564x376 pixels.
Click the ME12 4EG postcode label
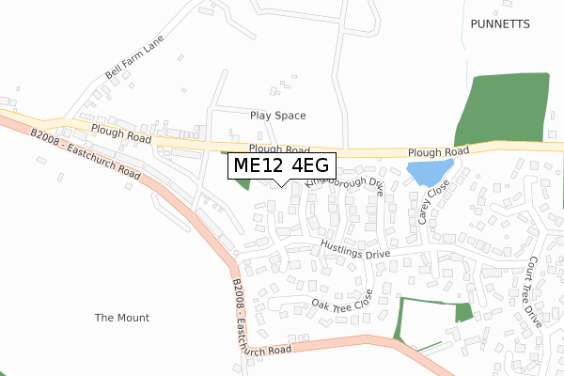[x=281, y=166]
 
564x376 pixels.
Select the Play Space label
[x=278, y=116]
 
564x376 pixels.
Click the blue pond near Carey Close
[x=429, y=172]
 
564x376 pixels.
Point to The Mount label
[x=122, y=318]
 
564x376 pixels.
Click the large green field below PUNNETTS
[x=503, y=108]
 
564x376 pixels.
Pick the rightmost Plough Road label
[x=438, y=151]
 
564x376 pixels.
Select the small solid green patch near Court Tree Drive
[x=463, y=313]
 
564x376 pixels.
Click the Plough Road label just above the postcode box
[x=279, y=149]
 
